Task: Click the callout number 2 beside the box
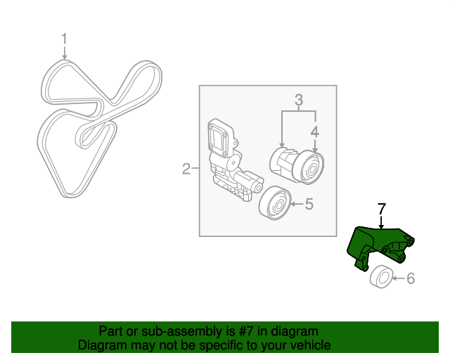[186, 169]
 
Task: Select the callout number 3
[298, 101]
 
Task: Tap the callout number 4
[315, 131]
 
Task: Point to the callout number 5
[309, 205]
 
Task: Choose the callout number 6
[411, 279]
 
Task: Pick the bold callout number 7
[382, 208]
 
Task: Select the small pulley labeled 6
[381, 278]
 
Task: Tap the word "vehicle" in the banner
[311, 345]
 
